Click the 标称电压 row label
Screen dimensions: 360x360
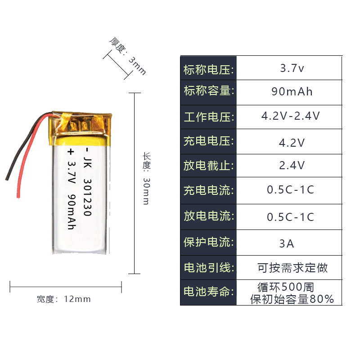pyautogui.click(x=208, y=70)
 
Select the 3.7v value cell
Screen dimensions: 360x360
pyautogui.click(x=292, y=68)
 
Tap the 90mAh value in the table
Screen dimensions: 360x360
pyautogui.click(x=292, y=92)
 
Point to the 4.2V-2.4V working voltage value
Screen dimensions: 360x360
pyautogui.click(x=291, y=116)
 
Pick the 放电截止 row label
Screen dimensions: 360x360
pyautogui.click(x=208, y=166)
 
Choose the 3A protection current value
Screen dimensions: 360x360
pyautogui.click(x=287, y=244)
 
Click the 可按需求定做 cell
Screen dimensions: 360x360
pyautogui.click(x=292, y=268)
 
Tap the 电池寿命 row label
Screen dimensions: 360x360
pyautogui.click(x=208, y=292)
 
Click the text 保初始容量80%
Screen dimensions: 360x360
pyautogui.click(x=292, y=299)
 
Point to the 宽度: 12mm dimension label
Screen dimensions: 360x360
pyautogui.click(x=63, y=299)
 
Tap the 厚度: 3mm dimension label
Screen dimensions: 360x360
pyautogui.click(x=128, y=56)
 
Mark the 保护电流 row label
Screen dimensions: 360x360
pyautogui.click(x=208, y=243)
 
